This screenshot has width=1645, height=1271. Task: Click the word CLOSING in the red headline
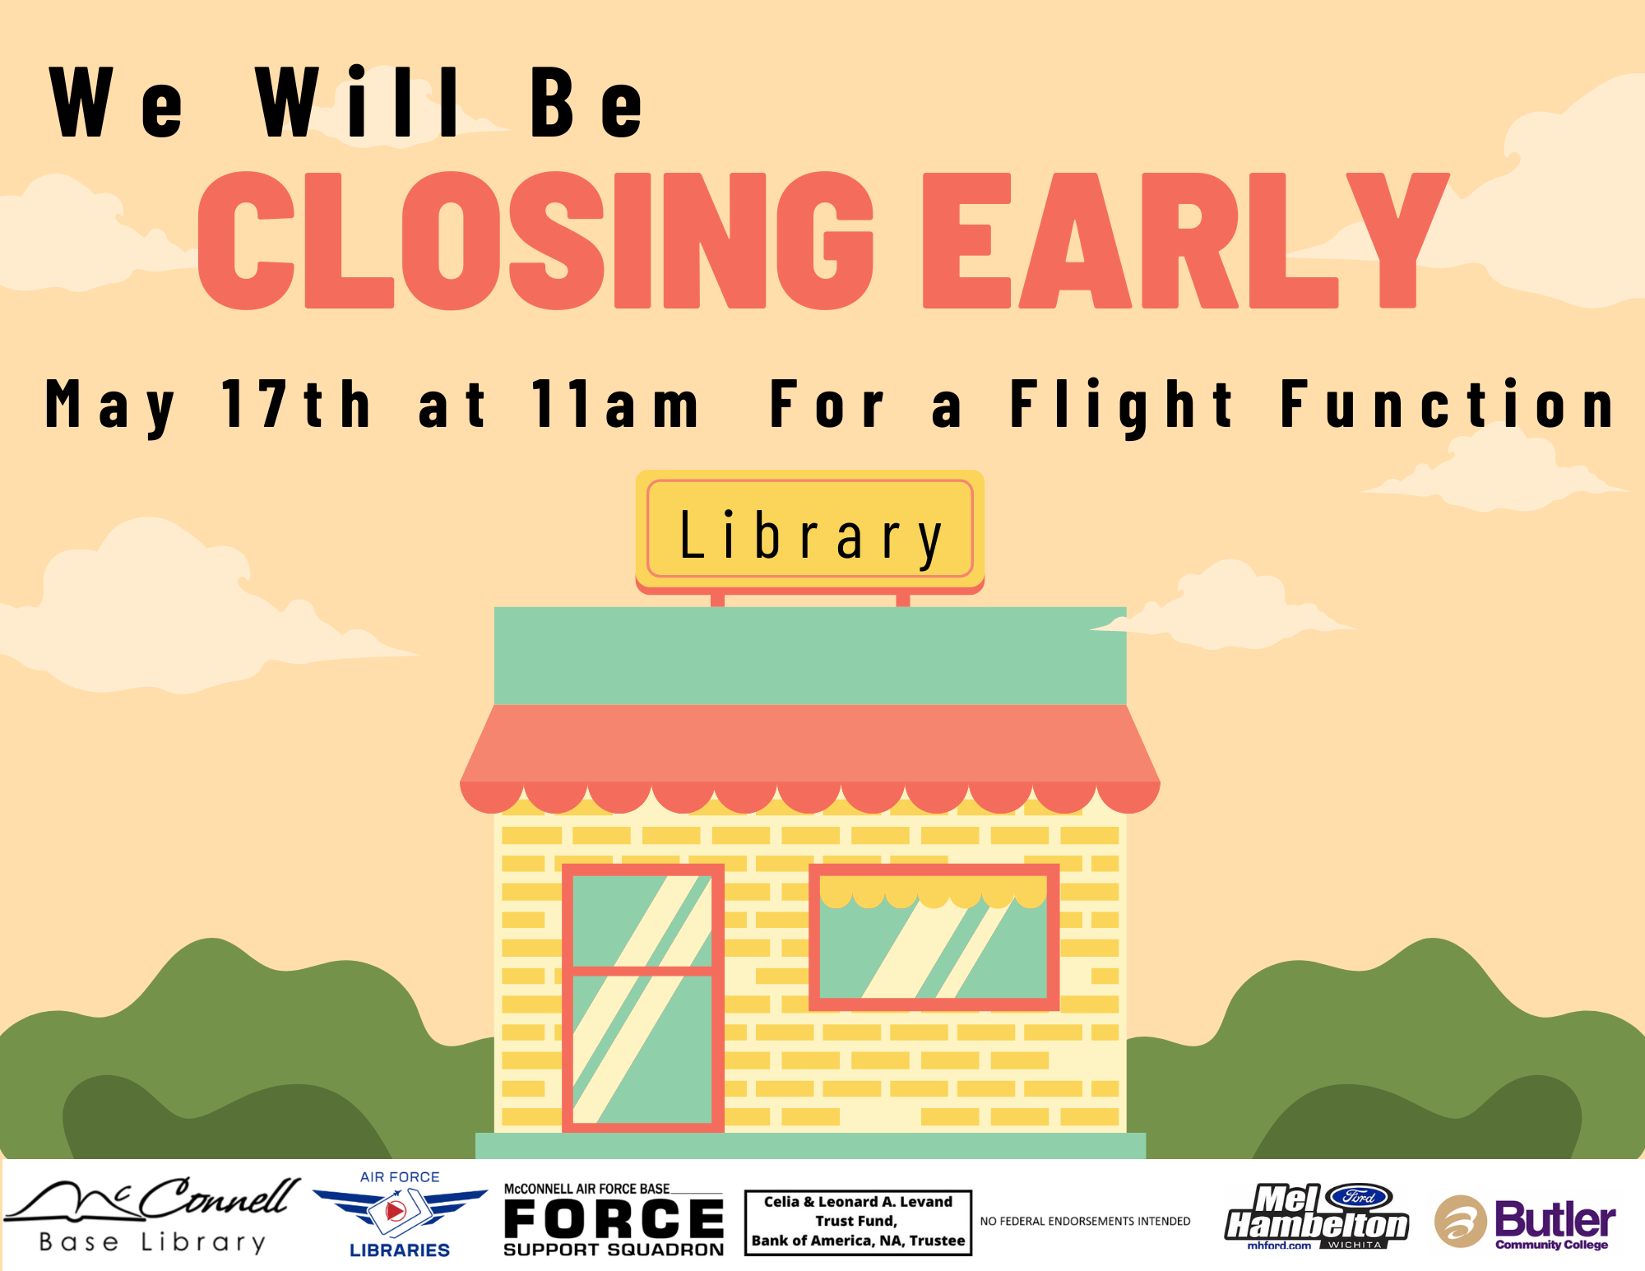click(x=535, y=240)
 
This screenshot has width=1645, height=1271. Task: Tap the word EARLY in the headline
click(x=1184, y=240)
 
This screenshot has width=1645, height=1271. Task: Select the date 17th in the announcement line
click(x=296, y=404)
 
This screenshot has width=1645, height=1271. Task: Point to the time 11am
click(x=615, y=404)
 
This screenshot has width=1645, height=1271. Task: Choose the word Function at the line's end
click(x=1448, y=404)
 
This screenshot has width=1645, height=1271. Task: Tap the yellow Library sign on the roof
click(x=810, y=531)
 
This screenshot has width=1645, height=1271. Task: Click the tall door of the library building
click(x=643, y=998)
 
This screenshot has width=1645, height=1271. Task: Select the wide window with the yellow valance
click(x=934, y=937)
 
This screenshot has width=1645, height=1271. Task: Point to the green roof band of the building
click(x=810, y=656)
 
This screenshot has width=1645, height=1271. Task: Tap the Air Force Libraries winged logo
click(x=400, y=1214)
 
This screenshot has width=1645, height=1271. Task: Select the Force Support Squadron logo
click(x=614, y=1221)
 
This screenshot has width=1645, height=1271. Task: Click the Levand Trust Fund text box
click(x=858, y=1222)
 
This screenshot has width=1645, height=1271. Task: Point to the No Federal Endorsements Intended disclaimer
click(x=1085, y=1222)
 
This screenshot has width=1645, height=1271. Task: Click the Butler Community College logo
click(x=1525, y=1222)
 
